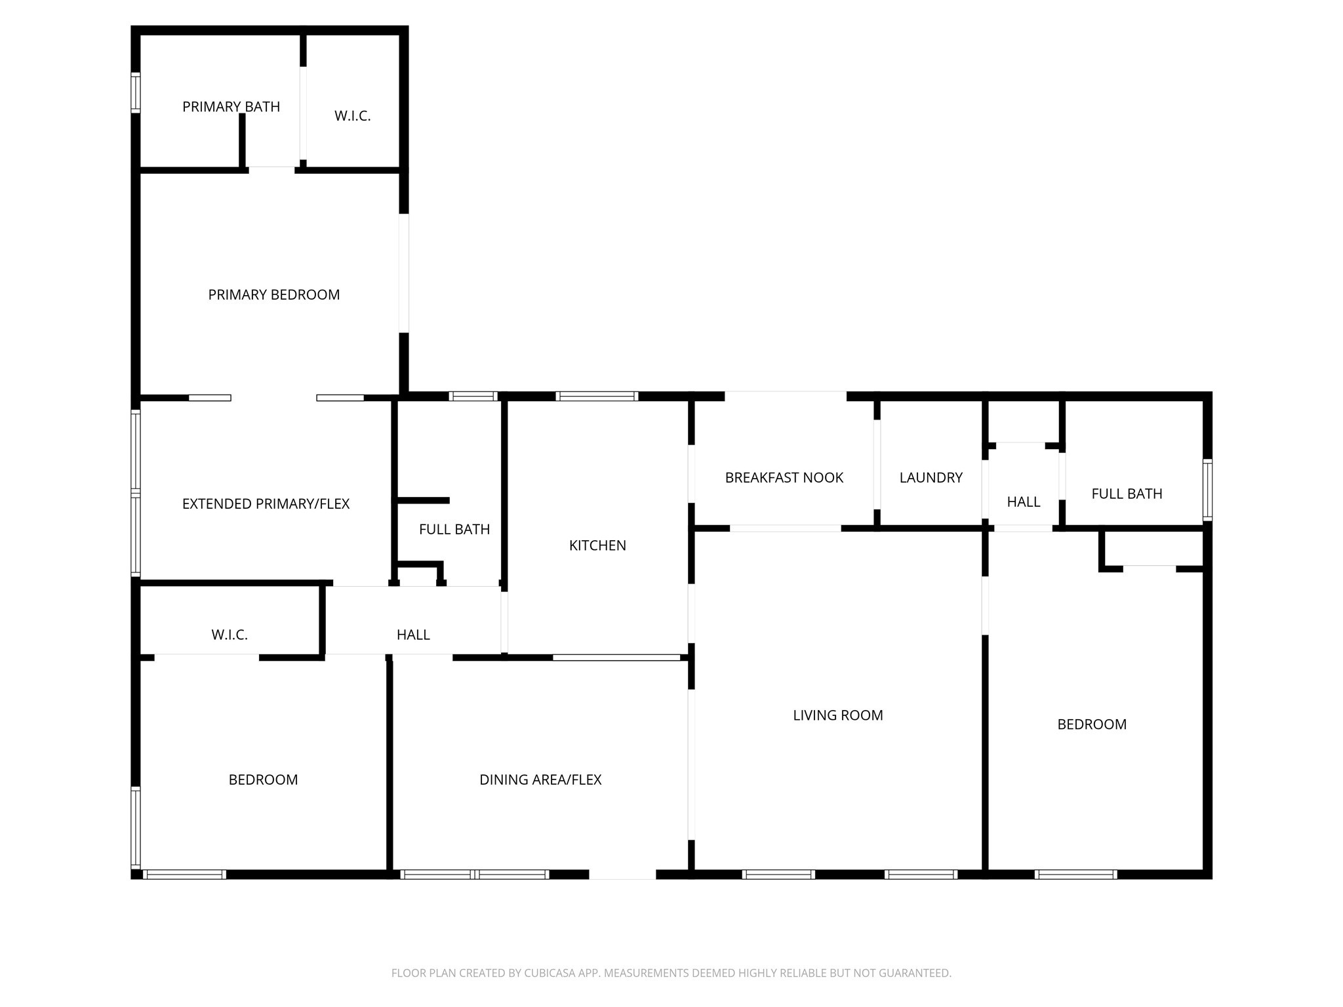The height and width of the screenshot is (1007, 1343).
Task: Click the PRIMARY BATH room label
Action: [231, 107]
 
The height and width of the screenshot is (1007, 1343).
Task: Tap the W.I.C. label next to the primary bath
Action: [352, 116]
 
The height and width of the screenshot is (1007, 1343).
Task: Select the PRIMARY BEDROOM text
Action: [274, 295]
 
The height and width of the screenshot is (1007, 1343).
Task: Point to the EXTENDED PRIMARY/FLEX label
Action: [266, 504]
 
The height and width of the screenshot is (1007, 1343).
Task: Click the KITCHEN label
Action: [597, 545]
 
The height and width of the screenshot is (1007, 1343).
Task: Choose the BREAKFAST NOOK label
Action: [784, 478]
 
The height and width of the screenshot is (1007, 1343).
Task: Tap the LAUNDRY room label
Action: [931, 478]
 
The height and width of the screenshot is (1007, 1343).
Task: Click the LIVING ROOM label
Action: [837, 715]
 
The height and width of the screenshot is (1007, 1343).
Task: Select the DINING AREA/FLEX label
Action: [540, 780]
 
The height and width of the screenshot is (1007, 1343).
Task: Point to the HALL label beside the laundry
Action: [1023, 502]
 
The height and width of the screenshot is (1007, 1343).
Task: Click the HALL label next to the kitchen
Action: [413, 635]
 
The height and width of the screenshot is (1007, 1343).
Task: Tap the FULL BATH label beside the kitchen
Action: [454, 530]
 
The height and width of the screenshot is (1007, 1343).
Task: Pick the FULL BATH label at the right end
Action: [1127, 494]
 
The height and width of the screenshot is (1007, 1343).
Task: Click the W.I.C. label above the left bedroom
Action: [230, 635]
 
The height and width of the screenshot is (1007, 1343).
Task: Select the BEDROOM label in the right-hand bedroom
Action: [1092, 724]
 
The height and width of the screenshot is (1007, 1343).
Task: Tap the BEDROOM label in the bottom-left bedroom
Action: [263, 780]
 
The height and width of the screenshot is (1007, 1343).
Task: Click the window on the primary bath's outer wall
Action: [136, 93]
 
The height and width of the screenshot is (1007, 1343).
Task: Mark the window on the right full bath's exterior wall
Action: [1207, 490]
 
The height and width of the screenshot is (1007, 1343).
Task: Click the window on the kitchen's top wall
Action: [597, 396]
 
